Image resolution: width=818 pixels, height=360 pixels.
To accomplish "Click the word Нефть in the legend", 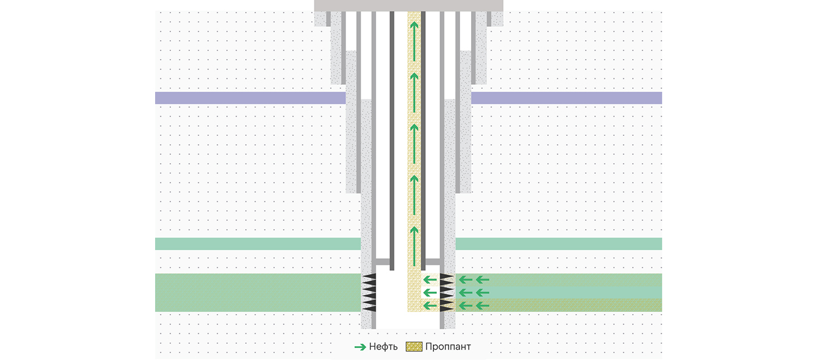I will point(383,347).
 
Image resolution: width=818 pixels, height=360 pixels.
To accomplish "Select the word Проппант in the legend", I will point(447,347).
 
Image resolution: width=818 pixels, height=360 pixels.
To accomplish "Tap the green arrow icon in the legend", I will point(360,347).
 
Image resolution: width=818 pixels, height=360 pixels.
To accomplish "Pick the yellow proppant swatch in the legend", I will point(413,347).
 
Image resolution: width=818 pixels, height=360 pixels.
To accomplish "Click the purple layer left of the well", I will point(250,98).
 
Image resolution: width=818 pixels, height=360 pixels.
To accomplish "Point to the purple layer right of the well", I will point(566,98).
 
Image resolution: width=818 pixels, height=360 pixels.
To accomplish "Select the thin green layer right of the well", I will point(558,244).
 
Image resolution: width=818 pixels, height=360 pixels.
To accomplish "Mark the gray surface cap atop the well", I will point(408,5).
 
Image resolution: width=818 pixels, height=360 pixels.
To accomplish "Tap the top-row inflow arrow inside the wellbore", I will point(430,280).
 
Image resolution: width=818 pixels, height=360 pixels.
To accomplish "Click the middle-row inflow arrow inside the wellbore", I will point(430,293).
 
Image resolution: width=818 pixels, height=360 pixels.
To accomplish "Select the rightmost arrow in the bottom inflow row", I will point(483,305).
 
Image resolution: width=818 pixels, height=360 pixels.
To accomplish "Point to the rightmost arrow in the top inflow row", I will point(483,280).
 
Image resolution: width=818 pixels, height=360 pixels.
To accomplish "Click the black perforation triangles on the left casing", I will point(369,293).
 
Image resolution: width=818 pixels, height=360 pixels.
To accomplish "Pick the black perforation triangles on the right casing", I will point(446,293).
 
